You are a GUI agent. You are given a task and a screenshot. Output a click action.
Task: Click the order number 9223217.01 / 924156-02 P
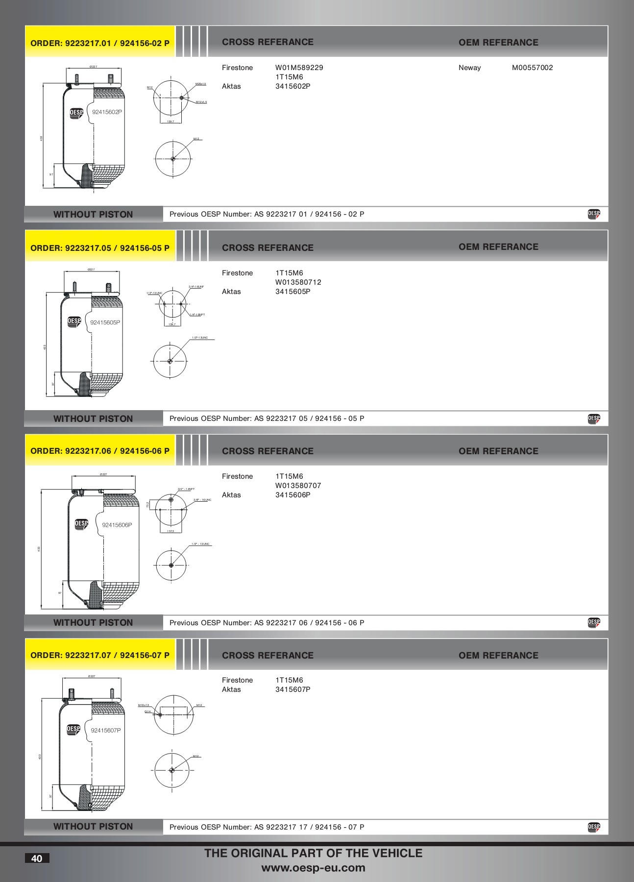coord(100,43)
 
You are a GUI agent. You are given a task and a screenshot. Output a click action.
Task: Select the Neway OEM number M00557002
coord(532,68)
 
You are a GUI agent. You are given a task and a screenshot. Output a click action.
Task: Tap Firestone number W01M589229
coord(299,68)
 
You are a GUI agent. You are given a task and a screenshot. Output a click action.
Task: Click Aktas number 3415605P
coord(293,292)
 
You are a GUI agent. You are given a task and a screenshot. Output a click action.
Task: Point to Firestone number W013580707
coord(298,486)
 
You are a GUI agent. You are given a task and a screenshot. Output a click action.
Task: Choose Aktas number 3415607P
coord(293,689)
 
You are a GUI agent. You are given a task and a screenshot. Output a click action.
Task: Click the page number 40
coord(37,858)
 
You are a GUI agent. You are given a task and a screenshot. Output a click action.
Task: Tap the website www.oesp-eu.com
coord(313,868)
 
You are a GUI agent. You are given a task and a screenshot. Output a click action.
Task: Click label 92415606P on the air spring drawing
coord(117,525)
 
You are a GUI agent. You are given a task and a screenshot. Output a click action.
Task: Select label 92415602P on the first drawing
coord(107,112)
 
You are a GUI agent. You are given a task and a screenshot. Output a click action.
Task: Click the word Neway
coord(469,68)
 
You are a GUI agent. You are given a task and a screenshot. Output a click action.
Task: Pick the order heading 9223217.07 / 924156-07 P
coord(100,655)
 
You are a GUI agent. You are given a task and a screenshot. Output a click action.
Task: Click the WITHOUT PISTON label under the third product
coord(93,622)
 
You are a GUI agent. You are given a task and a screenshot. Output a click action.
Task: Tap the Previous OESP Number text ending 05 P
coord(267,418)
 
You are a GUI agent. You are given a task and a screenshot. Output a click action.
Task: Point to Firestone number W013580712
coord(298,282)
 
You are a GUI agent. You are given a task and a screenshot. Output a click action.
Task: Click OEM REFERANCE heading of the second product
coord(498,247)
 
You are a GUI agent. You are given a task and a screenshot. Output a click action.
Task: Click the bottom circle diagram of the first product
coord(173,159)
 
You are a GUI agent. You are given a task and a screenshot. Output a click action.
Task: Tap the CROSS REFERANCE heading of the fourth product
coord(268,655)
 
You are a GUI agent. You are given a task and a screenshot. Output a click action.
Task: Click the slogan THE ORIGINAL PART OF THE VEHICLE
coord(313,853)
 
